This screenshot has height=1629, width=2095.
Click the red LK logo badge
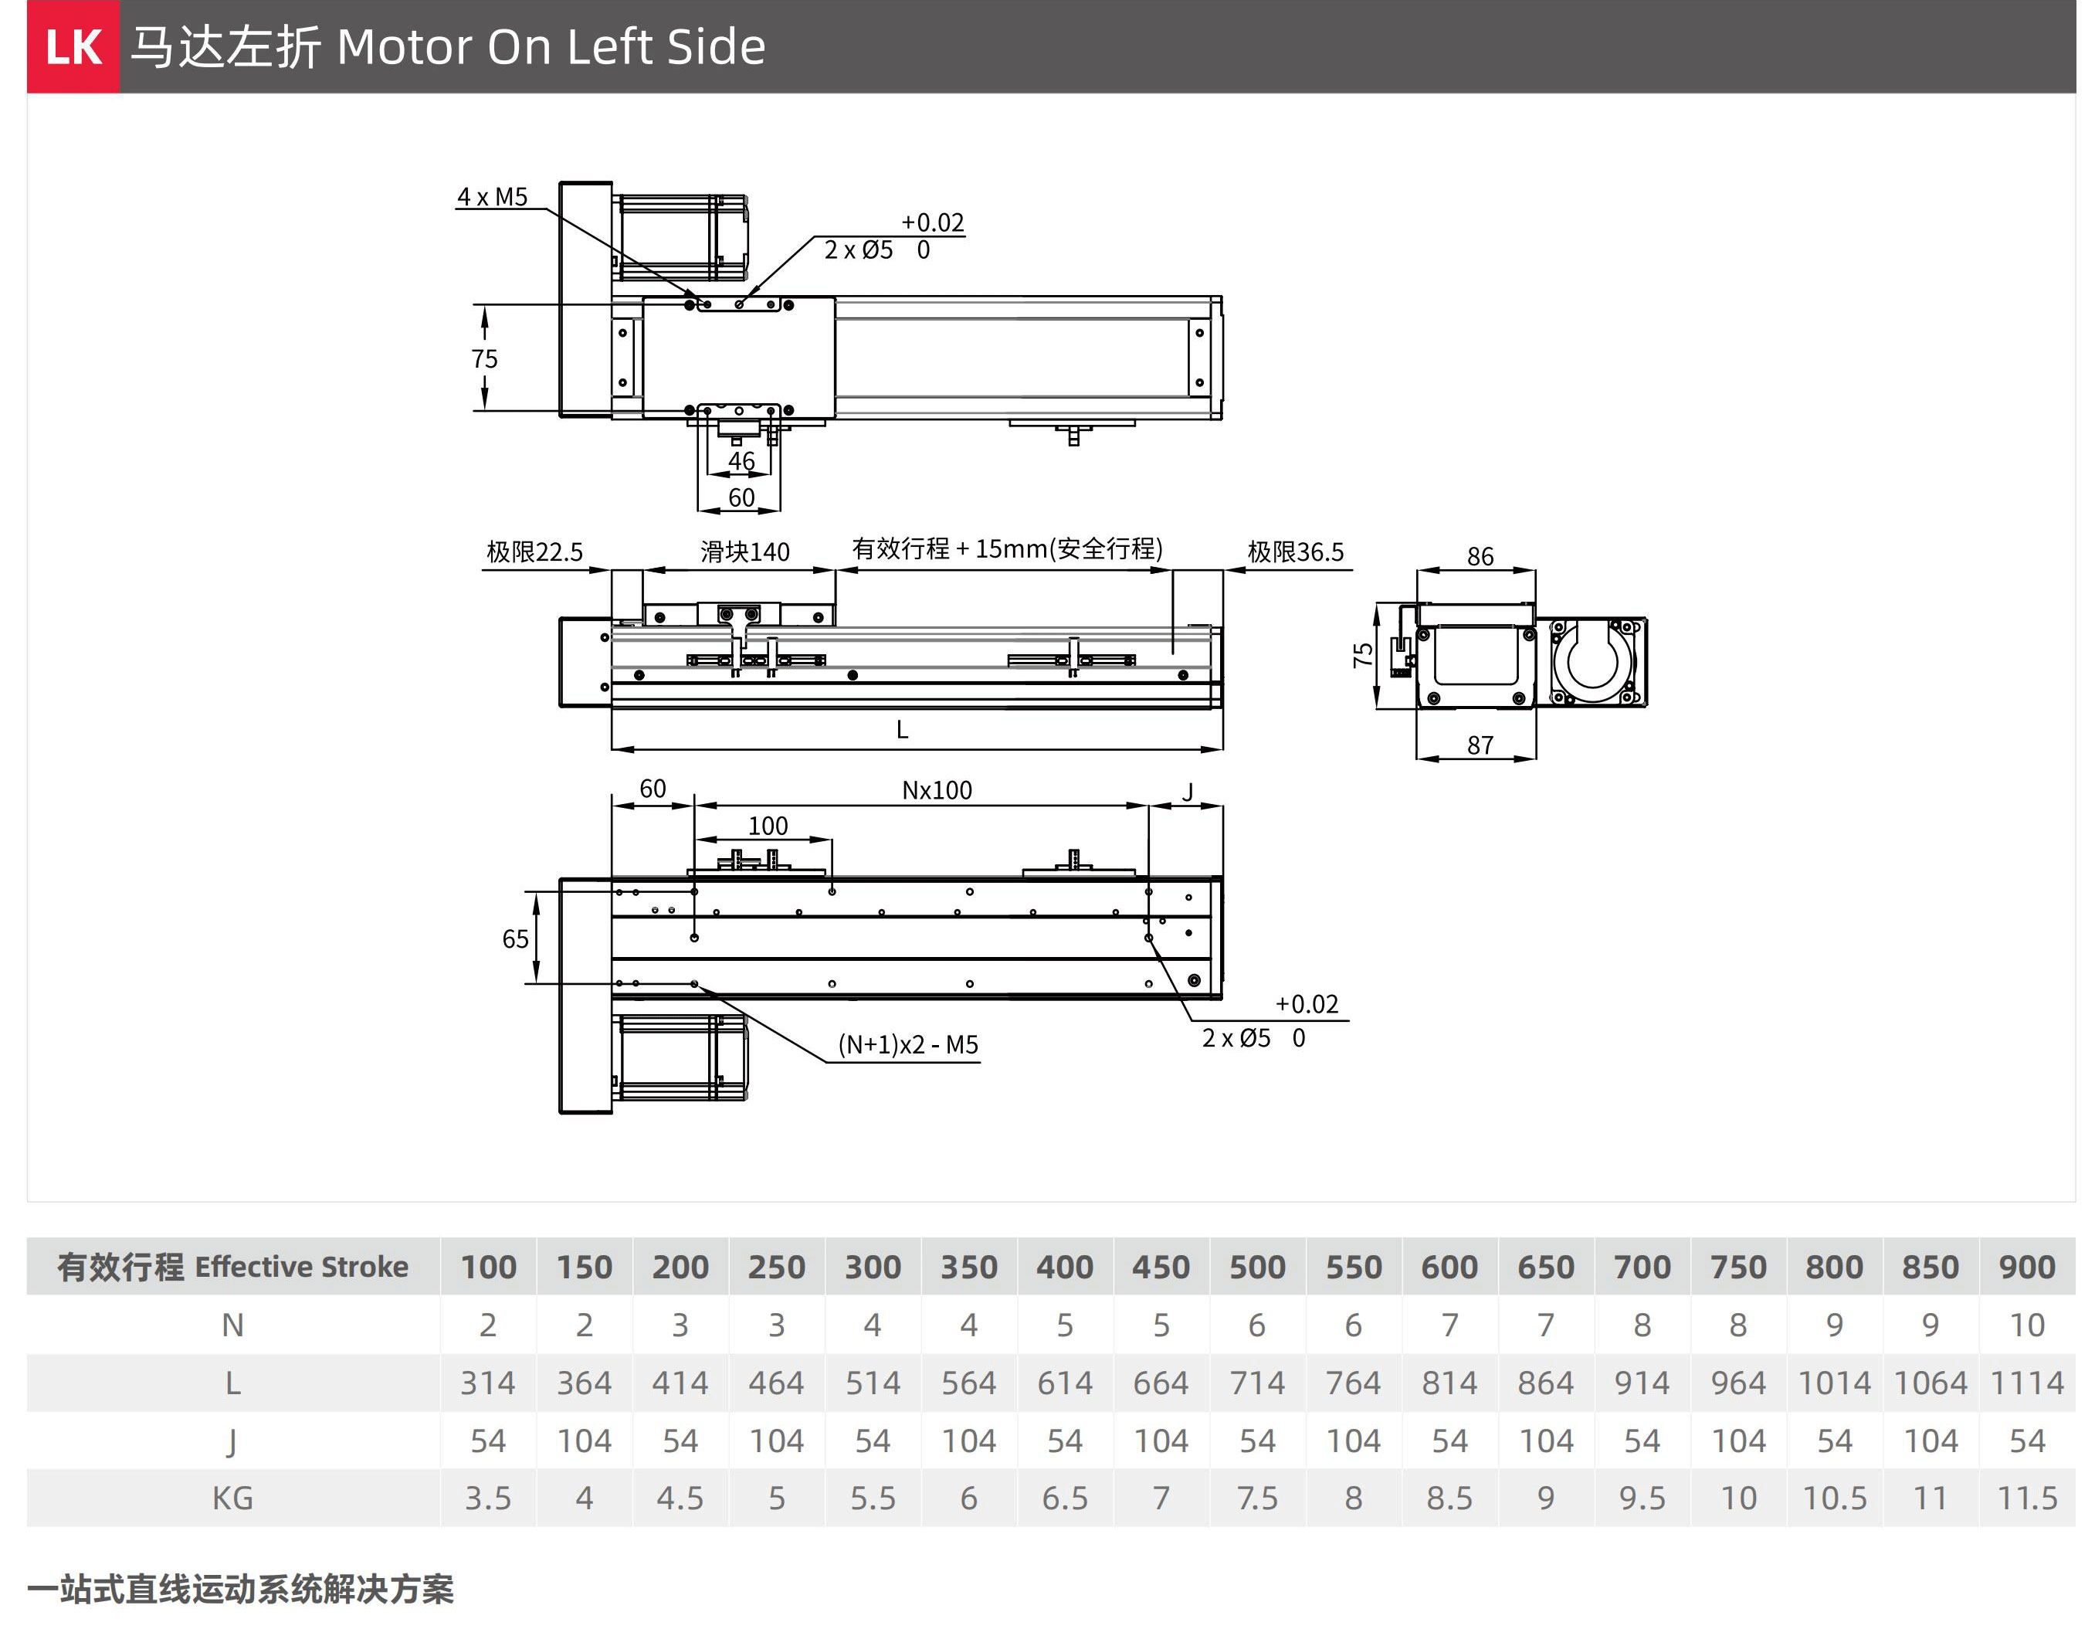pos(73,47)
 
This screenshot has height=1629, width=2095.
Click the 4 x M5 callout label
pos(492,197)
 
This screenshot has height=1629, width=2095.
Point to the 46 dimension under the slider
pos(741,461)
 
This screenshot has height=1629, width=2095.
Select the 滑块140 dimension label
pos(744,551)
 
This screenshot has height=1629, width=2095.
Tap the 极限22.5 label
pos(534,551)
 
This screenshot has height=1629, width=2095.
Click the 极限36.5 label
pos(1295,551)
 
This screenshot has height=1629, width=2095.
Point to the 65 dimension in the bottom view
pos(515,938)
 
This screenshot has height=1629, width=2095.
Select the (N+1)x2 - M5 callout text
pos(907,1045)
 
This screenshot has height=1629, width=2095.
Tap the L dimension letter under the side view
pos(902,730)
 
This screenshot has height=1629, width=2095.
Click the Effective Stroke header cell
pos(233,1267)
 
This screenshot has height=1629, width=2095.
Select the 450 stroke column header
pos(1161,1267)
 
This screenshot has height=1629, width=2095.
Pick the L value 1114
pos(2026,1383)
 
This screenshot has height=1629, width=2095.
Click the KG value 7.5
pos(1256,1498)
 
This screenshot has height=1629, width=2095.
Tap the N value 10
pos(2026,1325)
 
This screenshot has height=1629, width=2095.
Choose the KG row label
pos(233,1498)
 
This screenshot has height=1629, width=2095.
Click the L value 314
pos(488,1383)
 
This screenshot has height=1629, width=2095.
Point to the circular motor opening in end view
pos(1592,661)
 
